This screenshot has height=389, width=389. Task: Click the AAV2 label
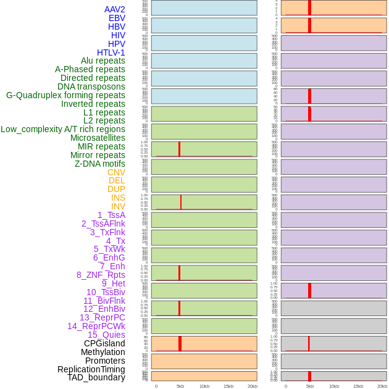point(115,9)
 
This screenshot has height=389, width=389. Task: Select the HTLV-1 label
point(111,52)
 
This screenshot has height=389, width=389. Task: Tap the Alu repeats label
point(103,61)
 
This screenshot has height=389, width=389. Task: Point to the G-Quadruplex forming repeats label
point(65,95)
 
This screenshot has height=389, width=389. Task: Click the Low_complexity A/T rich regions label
point(63,129)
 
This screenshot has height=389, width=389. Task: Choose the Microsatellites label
point(98,138)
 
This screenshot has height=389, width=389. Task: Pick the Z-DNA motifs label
point(100,164)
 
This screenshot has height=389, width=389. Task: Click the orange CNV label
point(116,172)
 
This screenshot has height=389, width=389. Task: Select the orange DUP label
point(116,189)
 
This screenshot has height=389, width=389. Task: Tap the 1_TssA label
point(111,215)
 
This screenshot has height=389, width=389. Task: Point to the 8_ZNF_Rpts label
point(101,275)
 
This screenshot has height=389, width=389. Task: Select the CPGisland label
point(104,343)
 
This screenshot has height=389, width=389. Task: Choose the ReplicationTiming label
point(91,369)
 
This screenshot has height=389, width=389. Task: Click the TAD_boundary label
point(96,377)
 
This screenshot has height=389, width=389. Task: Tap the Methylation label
point(102,352)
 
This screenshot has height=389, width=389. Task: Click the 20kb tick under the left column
point(253,386)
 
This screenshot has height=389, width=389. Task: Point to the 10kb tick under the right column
point(333,386)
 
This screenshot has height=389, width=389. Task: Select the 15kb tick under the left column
point(228,386)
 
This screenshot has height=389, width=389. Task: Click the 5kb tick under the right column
point(309,386)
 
